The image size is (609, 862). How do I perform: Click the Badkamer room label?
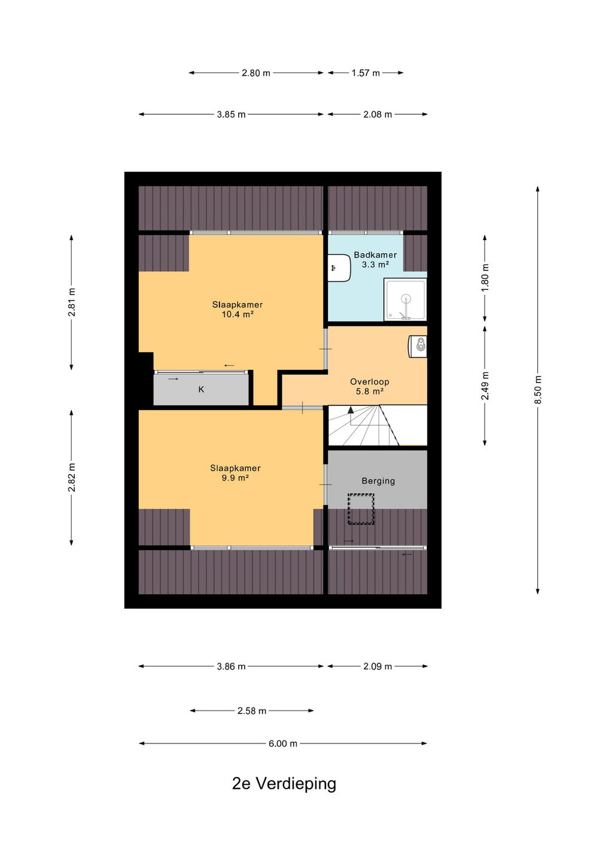375,255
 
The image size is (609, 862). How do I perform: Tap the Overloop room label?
369,382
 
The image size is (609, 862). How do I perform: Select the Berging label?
378,481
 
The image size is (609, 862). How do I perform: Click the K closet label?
201,390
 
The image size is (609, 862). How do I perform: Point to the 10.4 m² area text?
237,314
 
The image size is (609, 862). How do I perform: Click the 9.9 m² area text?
235,478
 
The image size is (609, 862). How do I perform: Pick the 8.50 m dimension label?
538,390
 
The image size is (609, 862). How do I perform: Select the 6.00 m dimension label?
283,744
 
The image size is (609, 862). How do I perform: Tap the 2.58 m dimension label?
252,711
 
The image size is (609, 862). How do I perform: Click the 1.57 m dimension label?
366,73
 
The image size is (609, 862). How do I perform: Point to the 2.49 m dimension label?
485,386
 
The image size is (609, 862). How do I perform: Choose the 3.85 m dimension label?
231,115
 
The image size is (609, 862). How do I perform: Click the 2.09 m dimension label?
377,666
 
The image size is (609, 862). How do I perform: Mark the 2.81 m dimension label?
72,302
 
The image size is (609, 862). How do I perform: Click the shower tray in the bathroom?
405,300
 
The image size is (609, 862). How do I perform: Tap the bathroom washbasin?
339,268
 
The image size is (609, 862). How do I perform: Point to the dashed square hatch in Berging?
361,509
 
